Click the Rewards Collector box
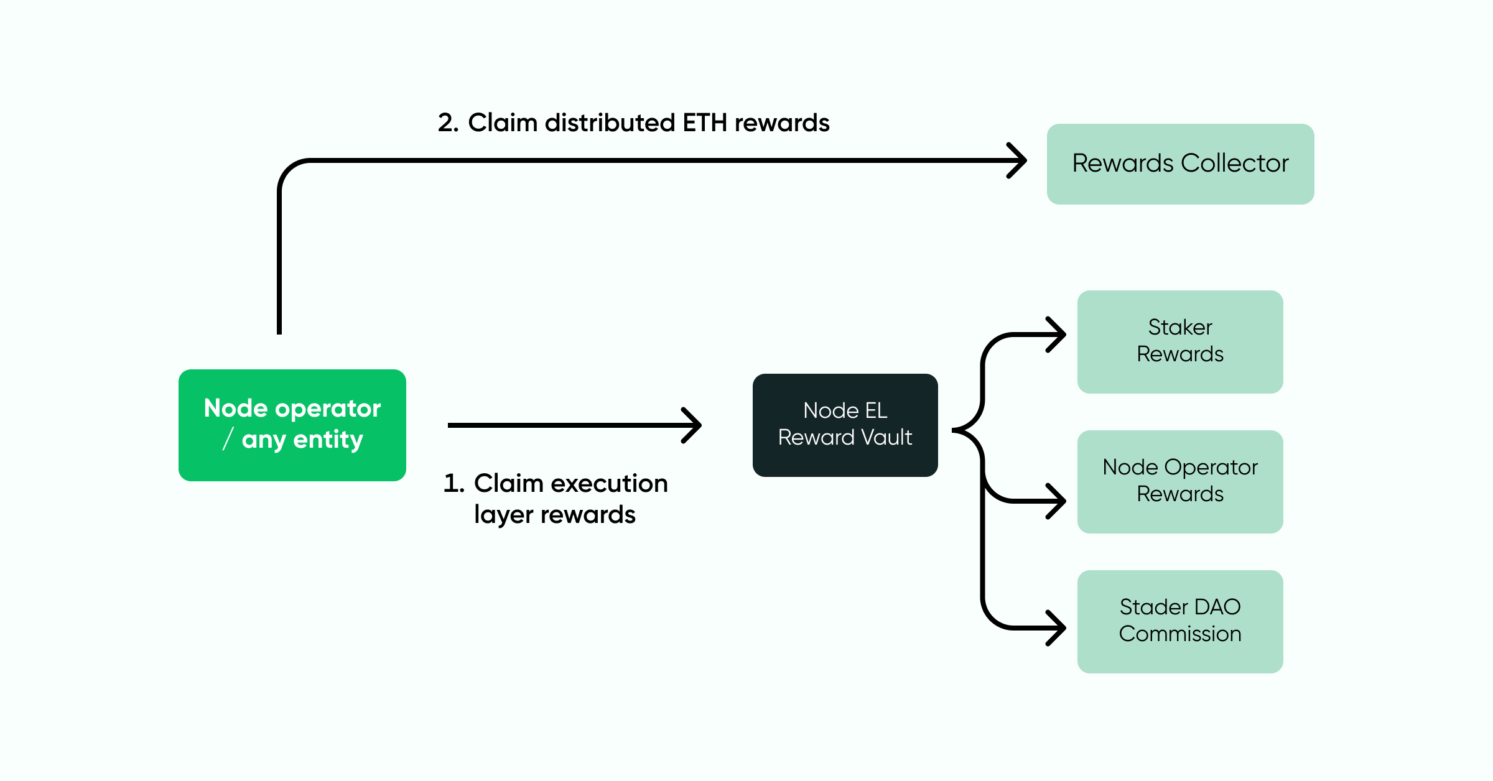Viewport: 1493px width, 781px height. pyautogui.click(x=1180, y=164)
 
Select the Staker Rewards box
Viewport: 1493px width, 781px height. pyautogui.click(x=1180, y=341)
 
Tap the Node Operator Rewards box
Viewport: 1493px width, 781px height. pyautogui.click(x=1180, y=481)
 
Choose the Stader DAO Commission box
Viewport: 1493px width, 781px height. pyautogui.click(x=1180, y=621)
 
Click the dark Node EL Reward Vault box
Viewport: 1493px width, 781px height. pyautogui.click(x=845, y=425)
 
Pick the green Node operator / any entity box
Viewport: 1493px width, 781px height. pyautogui.click(x=292, y=425)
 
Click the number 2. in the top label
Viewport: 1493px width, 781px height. pyautogui.click(x=448, y=123)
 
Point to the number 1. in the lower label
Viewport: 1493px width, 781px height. pyautogui.click(x=453, y=484)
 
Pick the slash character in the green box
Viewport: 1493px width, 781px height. pyautogui.click(x=228, y=438)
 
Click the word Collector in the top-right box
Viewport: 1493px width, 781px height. pyautogui.click(x=1235, y=164)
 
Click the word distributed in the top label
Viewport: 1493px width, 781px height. pyautogui.click(x=610, y=123)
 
